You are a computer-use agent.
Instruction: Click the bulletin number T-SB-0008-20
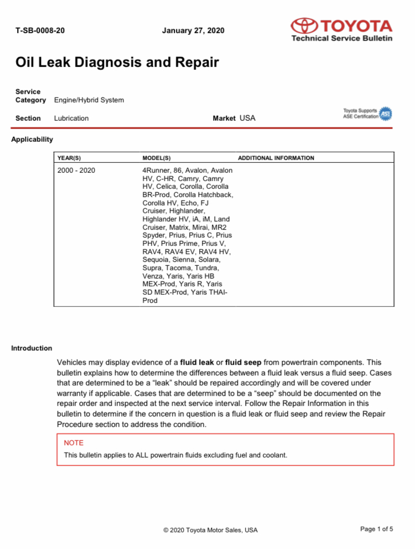coord(40,30)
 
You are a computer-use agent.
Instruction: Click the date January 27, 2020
coord(193,30)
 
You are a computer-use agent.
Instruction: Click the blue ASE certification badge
coord(386,114)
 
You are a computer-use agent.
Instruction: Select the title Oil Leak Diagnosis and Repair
coord(117,62)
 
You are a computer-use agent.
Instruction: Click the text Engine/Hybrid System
coord(89,100)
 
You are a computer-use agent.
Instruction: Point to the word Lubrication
coord(71,118)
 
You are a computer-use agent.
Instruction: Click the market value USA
coord(247,118)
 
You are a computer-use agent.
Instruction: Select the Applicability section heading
coord(32,140)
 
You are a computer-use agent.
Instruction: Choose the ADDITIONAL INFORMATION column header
coord(276,158)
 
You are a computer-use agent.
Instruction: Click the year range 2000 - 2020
coord(76,170)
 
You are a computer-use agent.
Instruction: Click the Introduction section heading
coord(32,348)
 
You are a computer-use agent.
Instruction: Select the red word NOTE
coord(74,443)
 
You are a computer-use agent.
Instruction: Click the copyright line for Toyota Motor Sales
coord(210,530)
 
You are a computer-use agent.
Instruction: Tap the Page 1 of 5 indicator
coord(376,529)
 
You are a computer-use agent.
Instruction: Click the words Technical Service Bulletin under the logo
coord(342,38)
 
